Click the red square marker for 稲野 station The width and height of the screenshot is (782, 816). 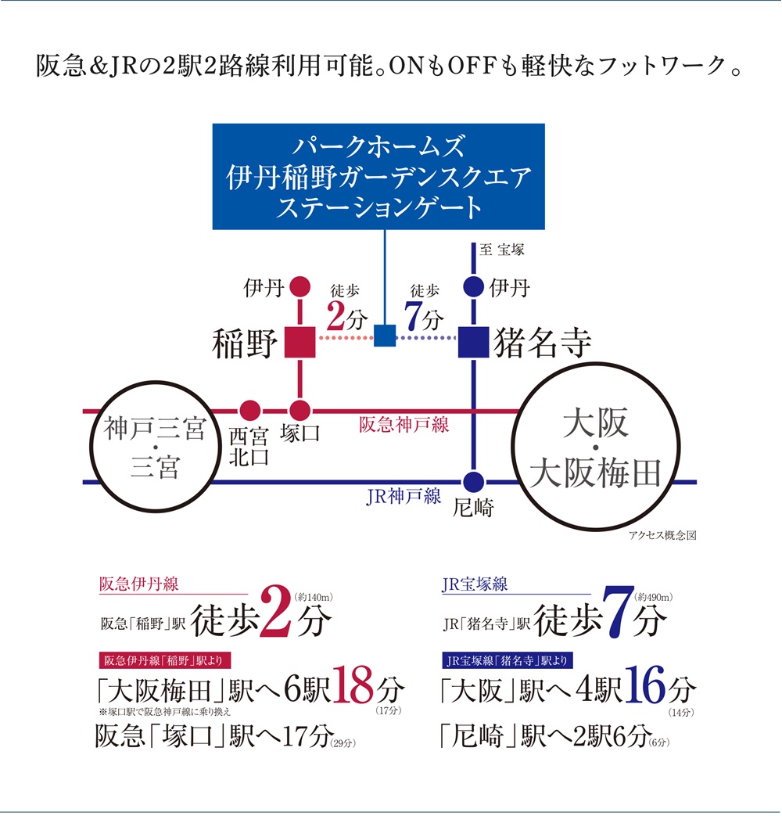point(300,342)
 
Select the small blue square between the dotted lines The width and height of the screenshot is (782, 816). point(386,335)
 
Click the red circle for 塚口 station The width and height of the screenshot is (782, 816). point(300,409)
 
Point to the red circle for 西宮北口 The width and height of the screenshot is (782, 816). point(249,409)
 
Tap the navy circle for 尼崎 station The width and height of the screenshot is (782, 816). point(473,482)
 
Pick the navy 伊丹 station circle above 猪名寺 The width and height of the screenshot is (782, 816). point(473,287)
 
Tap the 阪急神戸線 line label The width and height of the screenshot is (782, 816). point(404,425)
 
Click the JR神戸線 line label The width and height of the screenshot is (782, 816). point(404,497)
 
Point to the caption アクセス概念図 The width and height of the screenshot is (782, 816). point(662,537)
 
